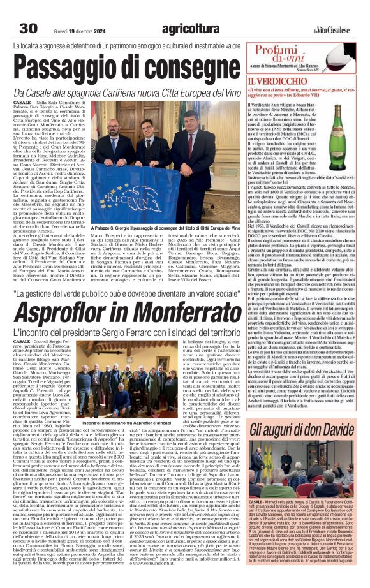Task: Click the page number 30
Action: tap(29, 28)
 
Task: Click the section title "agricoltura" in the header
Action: tap(191, 28)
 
